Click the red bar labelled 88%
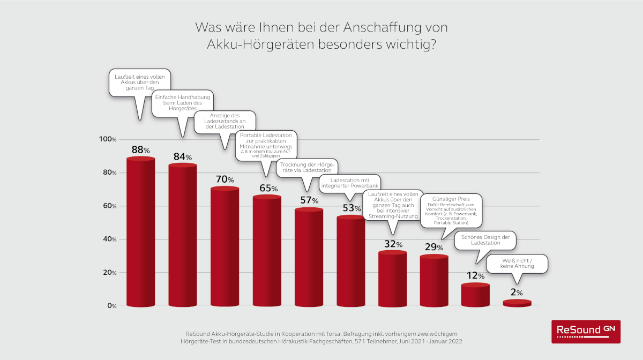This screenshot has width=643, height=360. [140, 233]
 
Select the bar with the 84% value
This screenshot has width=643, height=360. [182, 236]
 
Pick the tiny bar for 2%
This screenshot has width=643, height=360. [517, 304]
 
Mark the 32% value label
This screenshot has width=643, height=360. [392, 244]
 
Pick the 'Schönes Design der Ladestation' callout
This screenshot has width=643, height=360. [485, 240]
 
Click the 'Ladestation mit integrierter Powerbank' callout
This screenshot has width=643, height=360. [349, 183]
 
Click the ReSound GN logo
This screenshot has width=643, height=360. [586, 331]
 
